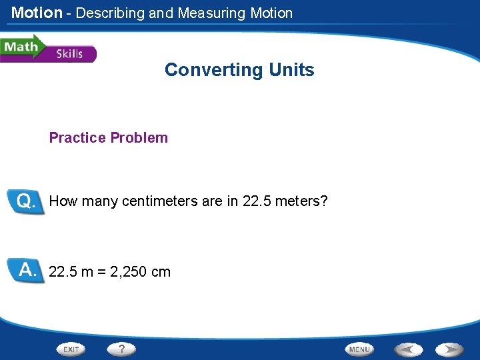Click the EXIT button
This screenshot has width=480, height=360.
coord(72,349)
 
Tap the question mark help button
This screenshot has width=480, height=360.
coord(122,349)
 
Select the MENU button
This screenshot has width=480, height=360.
coord(359,349)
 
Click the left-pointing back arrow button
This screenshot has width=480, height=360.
coord(408,349)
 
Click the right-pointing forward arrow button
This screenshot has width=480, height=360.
coord(450,349)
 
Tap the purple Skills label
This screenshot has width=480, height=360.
coord(70,54)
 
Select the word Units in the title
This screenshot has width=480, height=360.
coord(291,70)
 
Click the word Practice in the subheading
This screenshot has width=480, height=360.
coord(77,138)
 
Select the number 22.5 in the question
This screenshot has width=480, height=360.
coord(256,201)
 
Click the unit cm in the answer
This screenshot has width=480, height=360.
coord(161,272)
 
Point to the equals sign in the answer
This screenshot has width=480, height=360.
coord(102,272)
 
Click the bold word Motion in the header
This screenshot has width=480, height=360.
coord(37,13)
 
